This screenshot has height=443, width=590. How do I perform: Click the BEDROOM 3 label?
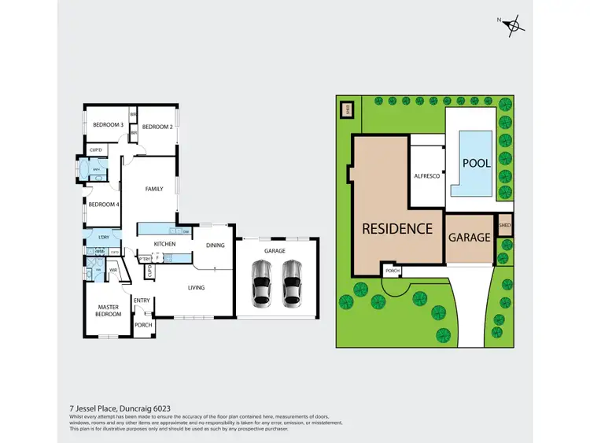click(108, 125)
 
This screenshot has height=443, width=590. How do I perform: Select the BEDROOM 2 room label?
click(157, 127)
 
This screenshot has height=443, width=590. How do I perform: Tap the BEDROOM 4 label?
click(103, 205)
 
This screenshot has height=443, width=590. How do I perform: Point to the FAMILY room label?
click(153, 189)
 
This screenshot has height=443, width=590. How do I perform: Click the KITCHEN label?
click(164, 244)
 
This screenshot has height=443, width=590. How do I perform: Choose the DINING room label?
click(215, 245)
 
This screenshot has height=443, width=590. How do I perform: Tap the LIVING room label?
click(196, 287)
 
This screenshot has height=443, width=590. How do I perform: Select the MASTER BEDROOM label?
click(109, 311)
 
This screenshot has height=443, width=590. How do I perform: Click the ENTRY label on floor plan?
click(142, 301)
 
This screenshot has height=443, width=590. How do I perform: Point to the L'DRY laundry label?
click(102, 238)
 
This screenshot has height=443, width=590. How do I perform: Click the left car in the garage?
click(262, 282)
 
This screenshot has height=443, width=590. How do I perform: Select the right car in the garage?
click(292, 282)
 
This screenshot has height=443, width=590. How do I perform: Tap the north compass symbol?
click(514, 26)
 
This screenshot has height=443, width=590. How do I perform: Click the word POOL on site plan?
click(476, 164)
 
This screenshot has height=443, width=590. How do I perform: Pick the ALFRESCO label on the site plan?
click(426, 177)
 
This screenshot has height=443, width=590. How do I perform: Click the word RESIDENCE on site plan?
click(396, 229)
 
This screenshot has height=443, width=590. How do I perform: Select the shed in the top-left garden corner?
click(345, 109)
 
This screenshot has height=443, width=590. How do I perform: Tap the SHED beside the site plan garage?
click(504, 224)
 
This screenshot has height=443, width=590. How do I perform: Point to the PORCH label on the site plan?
click(392, 271)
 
